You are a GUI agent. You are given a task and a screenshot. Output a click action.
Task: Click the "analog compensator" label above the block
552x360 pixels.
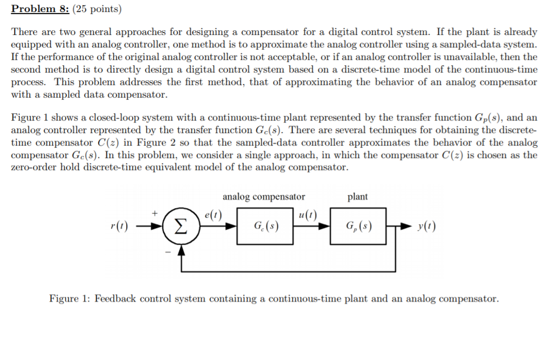click(x=264, y=197)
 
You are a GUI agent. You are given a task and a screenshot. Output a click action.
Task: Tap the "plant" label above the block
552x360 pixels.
click(x=357, y=197)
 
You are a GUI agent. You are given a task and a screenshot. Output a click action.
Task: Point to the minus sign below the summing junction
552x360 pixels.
click(x=167, y=252)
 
